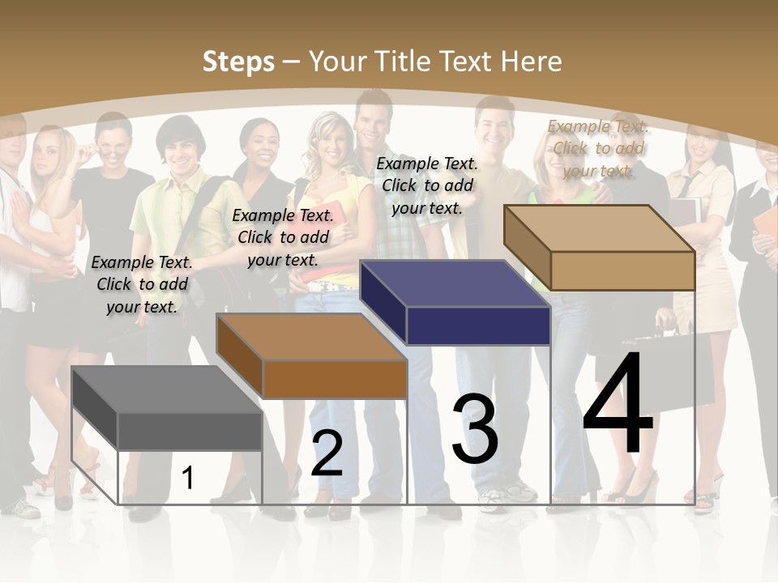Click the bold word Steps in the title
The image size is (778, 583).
tap(238, 62)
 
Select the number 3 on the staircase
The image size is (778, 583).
tap(475, 430)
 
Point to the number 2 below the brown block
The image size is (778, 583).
tap(327, 453)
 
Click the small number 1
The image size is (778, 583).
tap(188, 479)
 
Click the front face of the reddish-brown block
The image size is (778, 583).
tap(335, 379)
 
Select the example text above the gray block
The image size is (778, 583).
tap(142, 284)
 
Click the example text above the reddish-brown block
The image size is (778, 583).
tap(283, 237)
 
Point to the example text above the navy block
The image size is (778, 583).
tap(427, 185)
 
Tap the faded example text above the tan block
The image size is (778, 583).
tap(598, 148)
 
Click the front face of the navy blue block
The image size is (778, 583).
tap(478, 326)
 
